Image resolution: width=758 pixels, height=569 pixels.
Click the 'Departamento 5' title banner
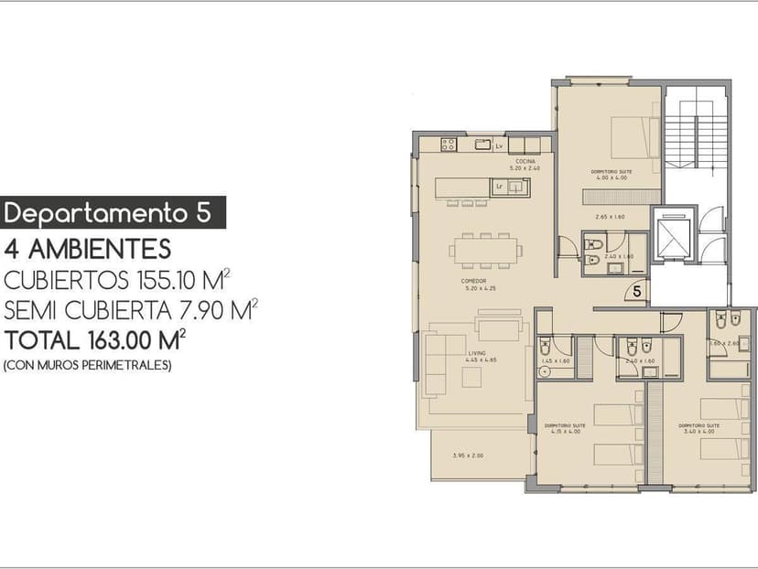(113, 212)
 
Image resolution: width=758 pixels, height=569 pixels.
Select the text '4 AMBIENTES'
(88, 248)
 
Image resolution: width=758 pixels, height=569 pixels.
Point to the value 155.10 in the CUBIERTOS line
(182, 280)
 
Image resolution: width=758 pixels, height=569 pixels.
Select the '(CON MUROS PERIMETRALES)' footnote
(88, 365)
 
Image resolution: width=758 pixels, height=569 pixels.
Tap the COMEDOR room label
(473, 281)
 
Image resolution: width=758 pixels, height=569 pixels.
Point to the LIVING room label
(476, 353)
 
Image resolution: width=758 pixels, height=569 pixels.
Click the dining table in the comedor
(485, 248)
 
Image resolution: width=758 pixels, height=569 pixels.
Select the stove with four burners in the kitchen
(449, 145)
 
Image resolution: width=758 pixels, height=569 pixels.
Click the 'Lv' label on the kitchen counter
(499, 146)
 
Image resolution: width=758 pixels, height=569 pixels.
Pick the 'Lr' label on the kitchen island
(499, 187)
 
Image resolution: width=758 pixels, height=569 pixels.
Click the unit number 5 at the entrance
(637, 292)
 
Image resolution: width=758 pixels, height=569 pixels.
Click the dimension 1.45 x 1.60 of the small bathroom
(554, 360)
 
